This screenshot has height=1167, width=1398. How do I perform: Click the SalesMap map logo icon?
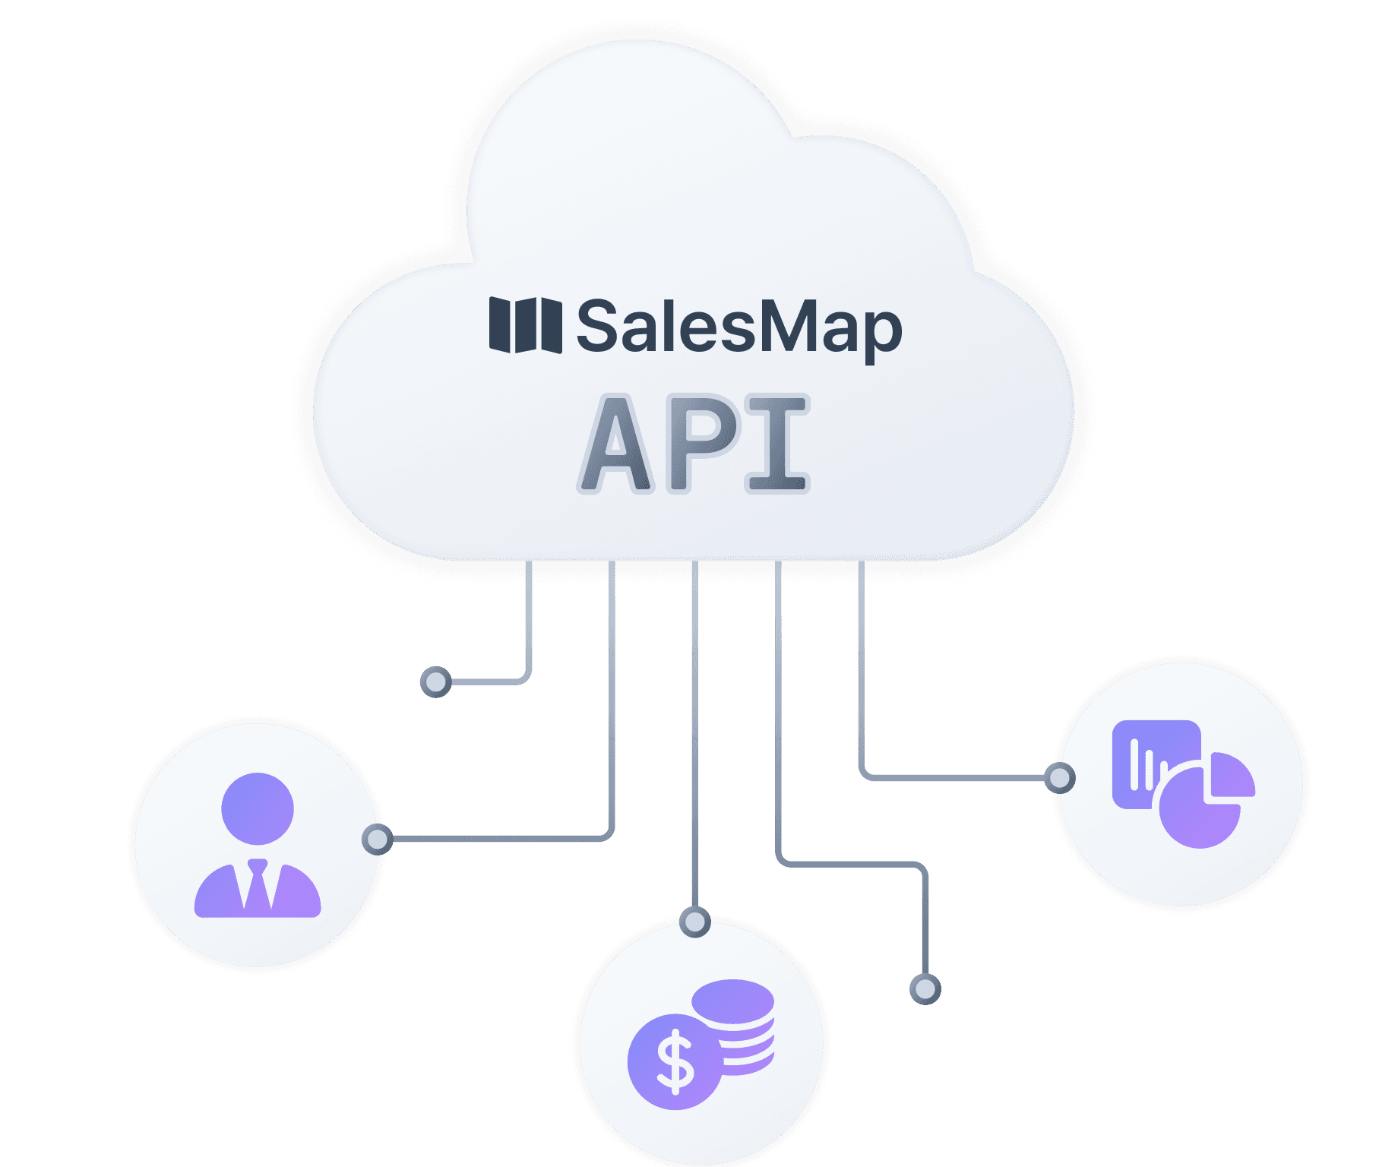click(x=525, y=325)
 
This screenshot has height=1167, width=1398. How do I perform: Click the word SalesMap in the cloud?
click(x=739, y=327)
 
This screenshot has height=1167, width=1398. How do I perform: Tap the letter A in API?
click(x=617, y=445)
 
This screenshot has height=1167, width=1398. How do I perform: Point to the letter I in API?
click(x=776, y=444)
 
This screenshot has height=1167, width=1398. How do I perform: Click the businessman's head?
click(x=258, y=808)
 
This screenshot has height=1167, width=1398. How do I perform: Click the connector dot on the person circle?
click(x=377, y=839)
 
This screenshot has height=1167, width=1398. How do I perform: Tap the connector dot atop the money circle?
click(x=694, y=922)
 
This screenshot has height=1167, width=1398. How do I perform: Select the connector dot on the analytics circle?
click(x=1059, y=777)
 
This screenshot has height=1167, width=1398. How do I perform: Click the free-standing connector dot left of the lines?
click(x=435, y=682)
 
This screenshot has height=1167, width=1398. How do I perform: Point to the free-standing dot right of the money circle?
click(x=925, y=988)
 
